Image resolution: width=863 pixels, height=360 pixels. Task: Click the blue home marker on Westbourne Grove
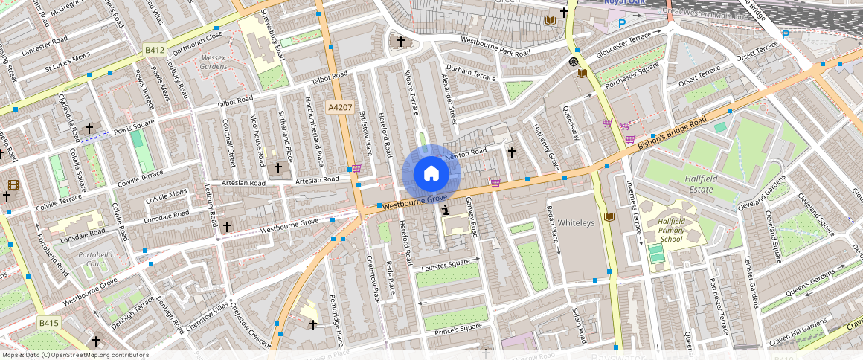pos(431,174)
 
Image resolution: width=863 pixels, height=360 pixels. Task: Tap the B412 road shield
pos(154,50)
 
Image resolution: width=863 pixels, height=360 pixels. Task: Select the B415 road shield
pos(49,323)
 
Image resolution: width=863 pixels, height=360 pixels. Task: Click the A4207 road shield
pos(339,108)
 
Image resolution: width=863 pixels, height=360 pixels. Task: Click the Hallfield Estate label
pos(691,184)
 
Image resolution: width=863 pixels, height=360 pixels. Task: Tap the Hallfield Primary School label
pos(671,230)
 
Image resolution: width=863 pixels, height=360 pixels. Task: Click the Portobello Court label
pos(95,260)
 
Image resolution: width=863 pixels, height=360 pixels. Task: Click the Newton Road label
pos(465,153)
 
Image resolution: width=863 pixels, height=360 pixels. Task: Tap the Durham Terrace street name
pos(470,77)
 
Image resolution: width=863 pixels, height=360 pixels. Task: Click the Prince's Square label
pos(458,327)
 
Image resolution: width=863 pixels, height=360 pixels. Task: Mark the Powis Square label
pos(135,123)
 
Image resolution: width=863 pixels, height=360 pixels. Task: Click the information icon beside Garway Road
pos(445,211)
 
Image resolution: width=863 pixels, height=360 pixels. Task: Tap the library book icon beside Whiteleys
pos(610,216)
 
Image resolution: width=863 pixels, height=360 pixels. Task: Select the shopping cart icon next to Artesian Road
pos(356,169)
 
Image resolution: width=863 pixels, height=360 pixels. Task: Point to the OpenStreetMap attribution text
pos(75,355)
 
